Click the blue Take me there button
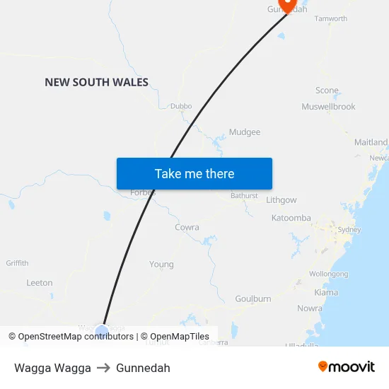194,173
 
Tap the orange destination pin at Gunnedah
288,4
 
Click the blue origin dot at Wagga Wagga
101,331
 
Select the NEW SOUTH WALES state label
96,82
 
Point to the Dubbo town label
181,107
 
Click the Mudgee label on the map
245,132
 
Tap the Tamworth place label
330,18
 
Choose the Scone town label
327,91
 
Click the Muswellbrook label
328,107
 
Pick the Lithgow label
281,200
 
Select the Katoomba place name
291,218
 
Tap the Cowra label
187,228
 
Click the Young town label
161,265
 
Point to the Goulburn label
253,298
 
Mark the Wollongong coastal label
329,274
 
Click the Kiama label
326,292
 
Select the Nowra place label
310,308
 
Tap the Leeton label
40,283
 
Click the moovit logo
347,366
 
